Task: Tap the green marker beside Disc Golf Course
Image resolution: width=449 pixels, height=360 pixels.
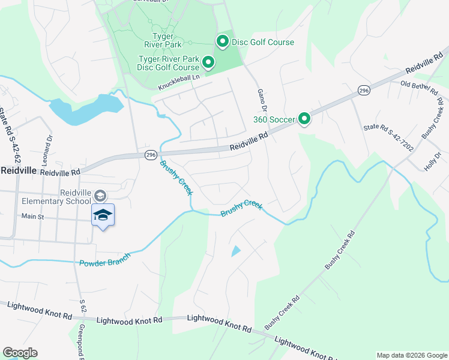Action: click(222, 41)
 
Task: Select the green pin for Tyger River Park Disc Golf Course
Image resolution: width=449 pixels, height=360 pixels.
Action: click(208, 62)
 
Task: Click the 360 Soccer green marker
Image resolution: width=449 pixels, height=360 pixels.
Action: click(304, 119)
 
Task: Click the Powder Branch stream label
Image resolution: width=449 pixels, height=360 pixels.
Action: click(104, 262)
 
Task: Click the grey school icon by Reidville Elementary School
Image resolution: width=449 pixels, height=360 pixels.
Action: click(100, 196)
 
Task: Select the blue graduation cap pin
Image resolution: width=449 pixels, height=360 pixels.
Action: click(103, 215)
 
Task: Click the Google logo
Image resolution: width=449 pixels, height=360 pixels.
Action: click(20, 353)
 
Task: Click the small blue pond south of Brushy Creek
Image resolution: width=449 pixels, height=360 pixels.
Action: click(236, 251)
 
